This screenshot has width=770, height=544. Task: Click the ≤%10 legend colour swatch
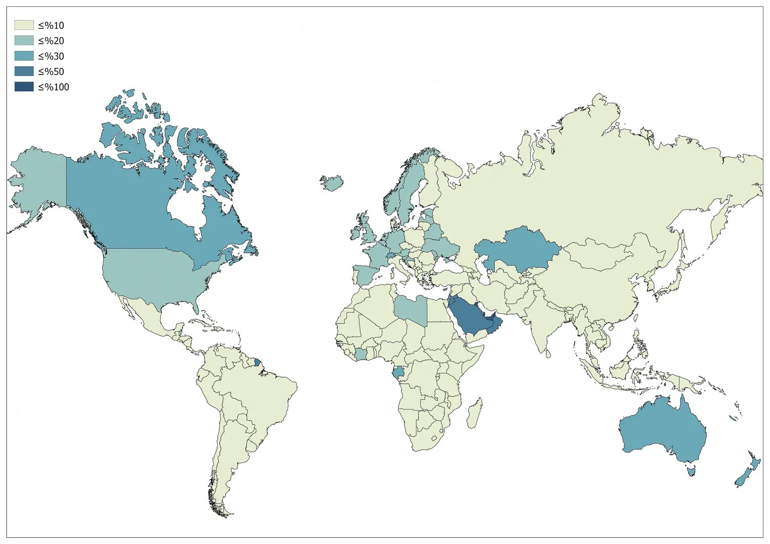click(x=24, y=25)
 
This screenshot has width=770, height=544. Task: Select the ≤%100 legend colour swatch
click(x=24, y=87)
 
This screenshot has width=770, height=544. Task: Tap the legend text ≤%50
click(x=51, y=71)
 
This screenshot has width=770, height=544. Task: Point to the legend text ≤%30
click(x=51, y=56)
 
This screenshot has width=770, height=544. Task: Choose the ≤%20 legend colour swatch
click(x=24, y=41)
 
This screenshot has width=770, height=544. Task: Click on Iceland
click(x=332, y=182)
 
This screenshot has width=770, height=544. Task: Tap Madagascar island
click(x=474, y=414)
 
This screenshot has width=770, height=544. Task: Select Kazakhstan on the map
click(x=518, y=249)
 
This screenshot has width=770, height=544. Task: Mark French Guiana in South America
click(x=258, y=362)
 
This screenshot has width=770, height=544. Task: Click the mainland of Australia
click(x=662, y=432)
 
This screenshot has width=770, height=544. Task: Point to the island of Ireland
click(x=355, y=233)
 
